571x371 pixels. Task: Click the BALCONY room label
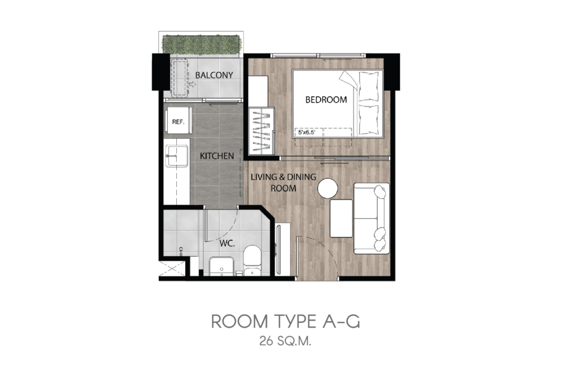coord(214,75)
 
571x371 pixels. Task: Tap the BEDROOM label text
coord(326,100)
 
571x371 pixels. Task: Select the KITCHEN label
coord(217,156)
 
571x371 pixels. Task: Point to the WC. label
coord(227,243)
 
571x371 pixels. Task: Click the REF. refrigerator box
coord(178,120)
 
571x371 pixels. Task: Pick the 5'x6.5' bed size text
coord(306,133)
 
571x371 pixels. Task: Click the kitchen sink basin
coord(177,156)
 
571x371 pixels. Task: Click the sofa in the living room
coord(371,218)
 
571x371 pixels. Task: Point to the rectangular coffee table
coord(341,218)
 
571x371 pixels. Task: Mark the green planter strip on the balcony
coord(201,43)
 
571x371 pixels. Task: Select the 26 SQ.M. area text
coord(285,341)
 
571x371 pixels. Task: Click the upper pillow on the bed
coord(369,86)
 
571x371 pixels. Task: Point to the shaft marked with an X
coord(173,267)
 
